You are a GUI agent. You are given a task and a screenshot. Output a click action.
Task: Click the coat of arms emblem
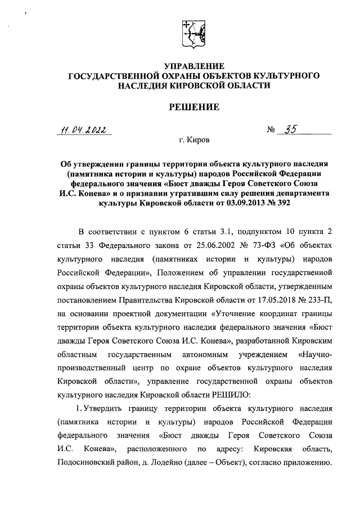193,35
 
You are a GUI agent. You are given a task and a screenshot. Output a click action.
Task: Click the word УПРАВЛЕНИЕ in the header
193,66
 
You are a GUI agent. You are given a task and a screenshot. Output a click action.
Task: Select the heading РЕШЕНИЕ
193,107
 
